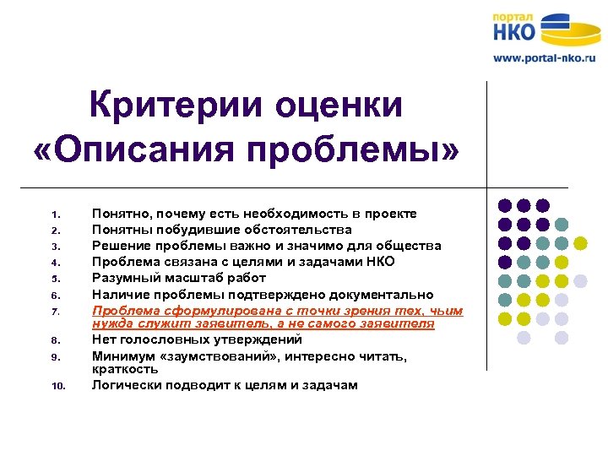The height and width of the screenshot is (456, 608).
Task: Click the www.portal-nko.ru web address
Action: pos(544,58)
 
